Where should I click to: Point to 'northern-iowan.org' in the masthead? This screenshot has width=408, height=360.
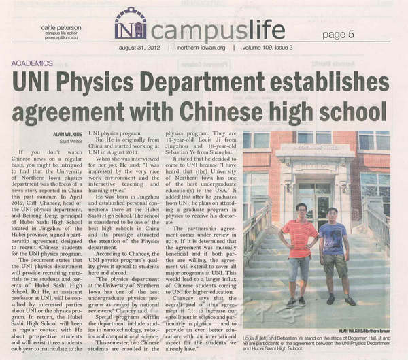[x=201, y=48]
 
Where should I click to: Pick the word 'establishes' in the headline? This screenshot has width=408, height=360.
[x=330, y=82]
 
